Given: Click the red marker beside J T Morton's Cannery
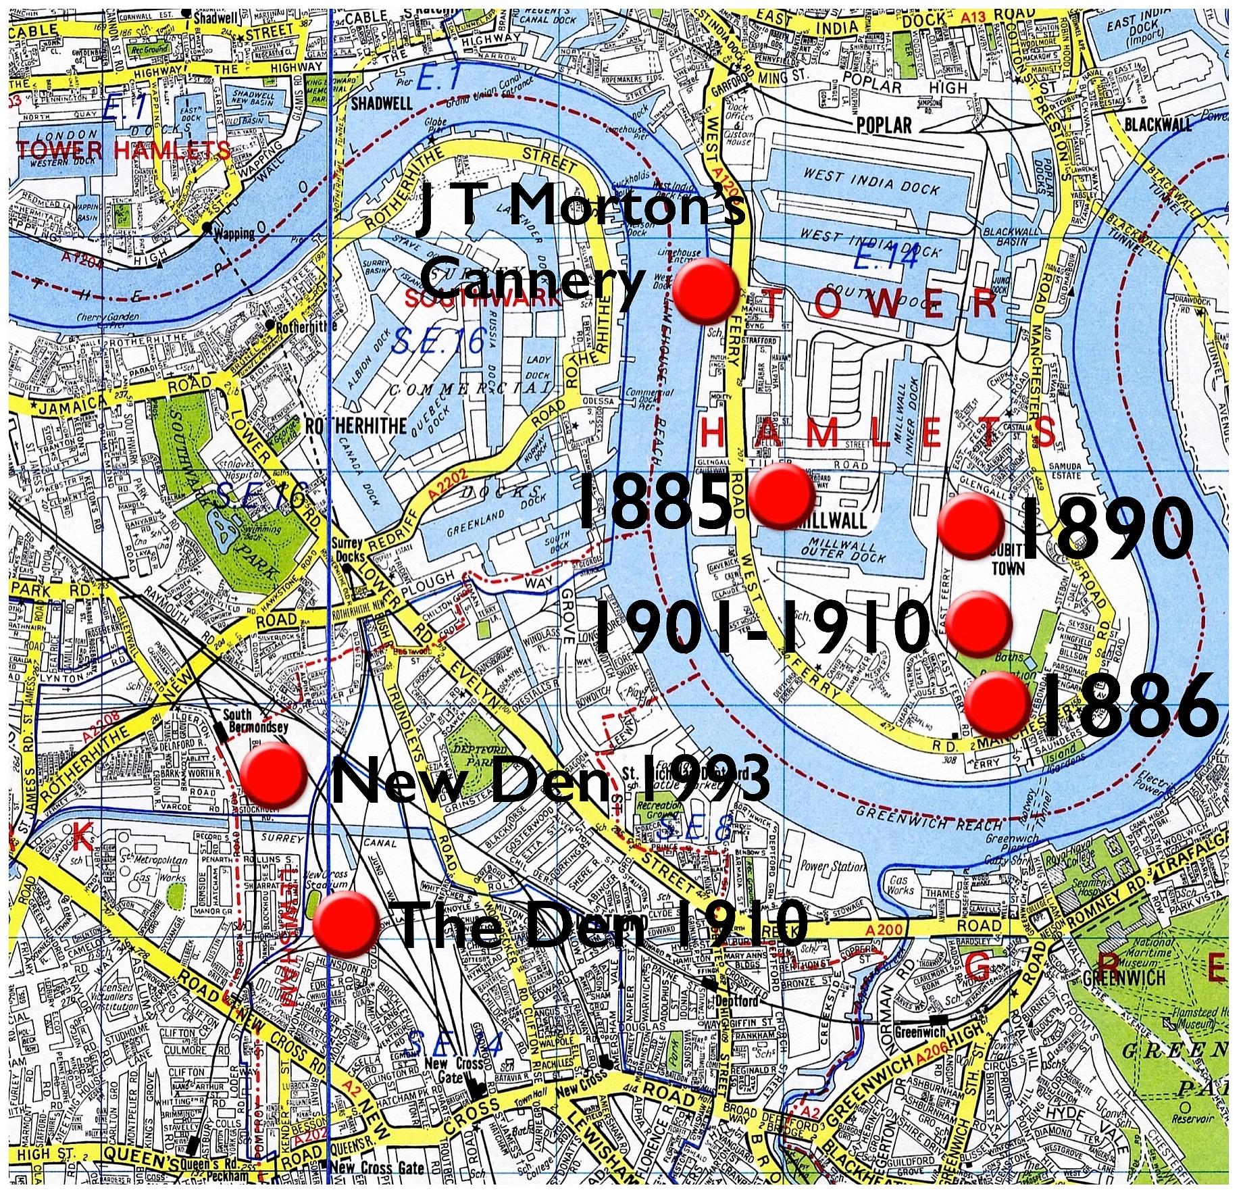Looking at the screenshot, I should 707,291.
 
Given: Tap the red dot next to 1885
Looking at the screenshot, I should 782,495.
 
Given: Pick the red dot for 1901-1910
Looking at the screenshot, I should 980,624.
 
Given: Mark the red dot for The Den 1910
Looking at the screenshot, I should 347,923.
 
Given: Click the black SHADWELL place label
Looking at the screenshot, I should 382,103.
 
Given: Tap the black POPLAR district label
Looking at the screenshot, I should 884,125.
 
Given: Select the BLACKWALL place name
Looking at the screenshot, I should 1158,124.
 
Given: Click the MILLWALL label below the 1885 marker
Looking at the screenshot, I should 831,521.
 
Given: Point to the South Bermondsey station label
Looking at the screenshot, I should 255,720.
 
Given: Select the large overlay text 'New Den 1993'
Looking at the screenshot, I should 551,779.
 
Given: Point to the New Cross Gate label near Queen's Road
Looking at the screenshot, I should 378,1168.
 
